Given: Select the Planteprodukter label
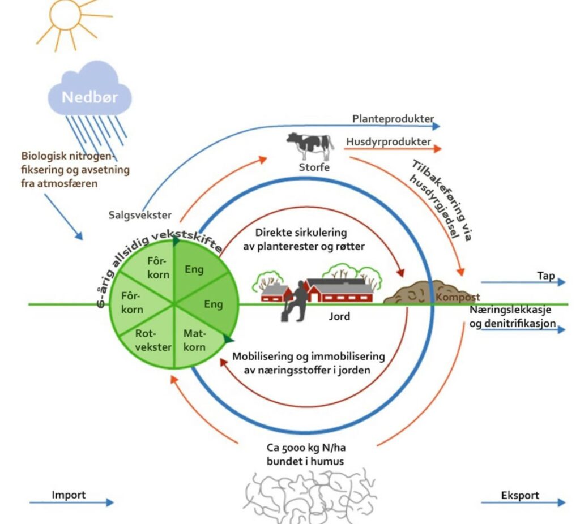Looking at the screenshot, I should click(x=393, y=119).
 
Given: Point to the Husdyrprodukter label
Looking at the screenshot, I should click(x=388, y=142).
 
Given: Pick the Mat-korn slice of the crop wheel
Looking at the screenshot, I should click(x=195, y=340).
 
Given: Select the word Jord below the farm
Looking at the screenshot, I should click(x=339, y=316).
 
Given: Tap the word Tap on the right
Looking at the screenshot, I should click(x=546, y=276).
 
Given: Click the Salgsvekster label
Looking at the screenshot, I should click(x=137, y=215).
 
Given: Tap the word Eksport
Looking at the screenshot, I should click(x=520, y=496).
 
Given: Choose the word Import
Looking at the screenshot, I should click(x=69, y=495).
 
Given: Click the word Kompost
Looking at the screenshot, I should click(x=458, y=297).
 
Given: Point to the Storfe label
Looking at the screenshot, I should click(x=314, y=167).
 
